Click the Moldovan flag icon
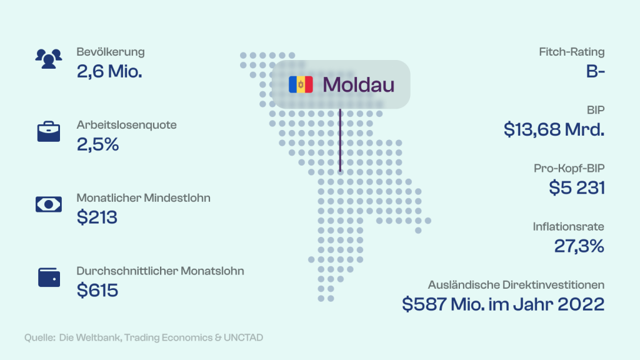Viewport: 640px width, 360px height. click(x=301, y=84)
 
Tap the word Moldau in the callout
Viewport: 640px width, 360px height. click(x=358, y=85)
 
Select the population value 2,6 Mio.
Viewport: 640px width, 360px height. click(x=109, y=72)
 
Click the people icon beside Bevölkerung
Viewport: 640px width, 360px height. click(x=49, y=59)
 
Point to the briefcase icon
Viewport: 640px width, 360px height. click(x=49, y=131)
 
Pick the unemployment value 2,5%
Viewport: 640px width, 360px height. click(x=98, y=144)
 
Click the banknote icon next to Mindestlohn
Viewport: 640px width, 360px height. click(x=49, y=204)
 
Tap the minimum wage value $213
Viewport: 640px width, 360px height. click(x=97, y=217)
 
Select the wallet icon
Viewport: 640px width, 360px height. click(x=49, y=277)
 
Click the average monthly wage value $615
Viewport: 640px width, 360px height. click(x=97, y=290)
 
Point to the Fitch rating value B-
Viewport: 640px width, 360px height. click(x=596, y=72)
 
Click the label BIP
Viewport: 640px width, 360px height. click(x=596, y=110)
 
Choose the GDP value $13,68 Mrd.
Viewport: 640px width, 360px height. click(x=554, y=130)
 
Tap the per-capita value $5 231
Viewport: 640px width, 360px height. click(x=577, y=188)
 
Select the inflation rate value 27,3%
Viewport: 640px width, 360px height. click(x=579, y=246)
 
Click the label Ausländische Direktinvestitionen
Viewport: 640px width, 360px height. click(x=516, y=285)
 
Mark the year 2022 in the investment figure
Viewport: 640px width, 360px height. click(x=581, y=304)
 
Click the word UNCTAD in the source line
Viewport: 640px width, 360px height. click(x=243, y=338)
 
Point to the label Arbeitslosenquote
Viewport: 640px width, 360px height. click(x=126, y=125)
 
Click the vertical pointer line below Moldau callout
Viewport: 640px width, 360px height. click(x=340, y=140)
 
